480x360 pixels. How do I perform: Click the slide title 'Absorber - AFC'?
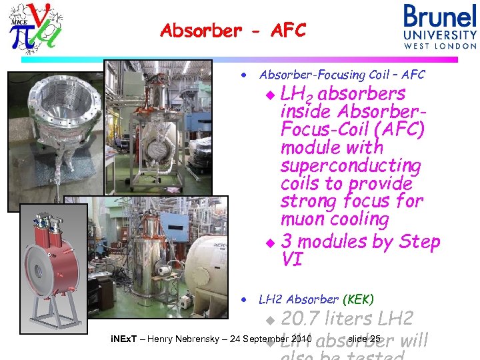(x=233, y=31)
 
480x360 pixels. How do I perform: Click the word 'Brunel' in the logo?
(x=440, y=17)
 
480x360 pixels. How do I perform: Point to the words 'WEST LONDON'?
(x=440, y=46)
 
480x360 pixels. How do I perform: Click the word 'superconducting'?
(x=351, y=165)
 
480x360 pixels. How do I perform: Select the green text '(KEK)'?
(x=359, y=299)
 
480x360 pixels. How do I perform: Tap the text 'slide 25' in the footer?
(x=363, y=339)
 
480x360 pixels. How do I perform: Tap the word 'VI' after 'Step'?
(x=292, y=259)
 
